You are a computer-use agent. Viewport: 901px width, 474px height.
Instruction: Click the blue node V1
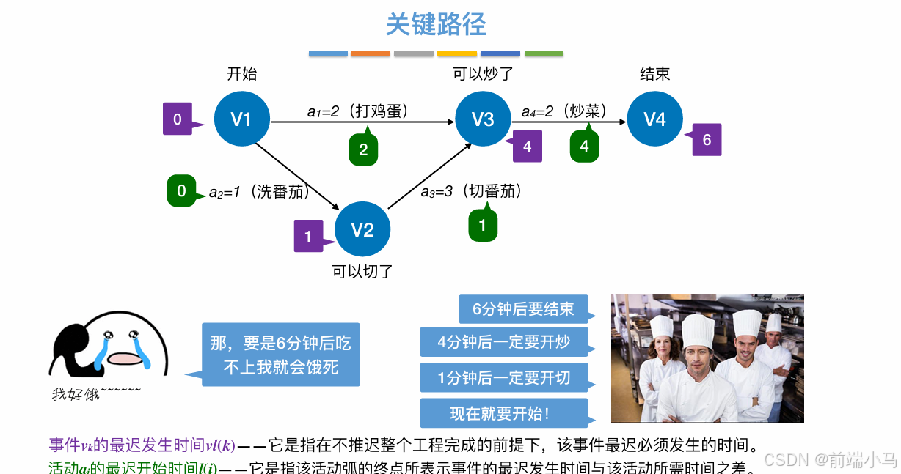(241, 120)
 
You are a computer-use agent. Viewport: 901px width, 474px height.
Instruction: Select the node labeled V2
(362, 230)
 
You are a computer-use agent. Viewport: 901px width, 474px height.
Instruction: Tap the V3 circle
(483, 120)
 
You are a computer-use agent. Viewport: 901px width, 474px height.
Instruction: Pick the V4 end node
(654, 119)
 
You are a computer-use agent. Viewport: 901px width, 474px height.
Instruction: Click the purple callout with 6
(707, 140)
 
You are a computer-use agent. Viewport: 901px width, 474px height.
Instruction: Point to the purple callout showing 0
(178, 119)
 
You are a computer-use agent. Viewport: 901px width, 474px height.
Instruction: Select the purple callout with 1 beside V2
(308, 236)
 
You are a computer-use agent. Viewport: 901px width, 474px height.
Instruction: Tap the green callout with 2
(363, 150)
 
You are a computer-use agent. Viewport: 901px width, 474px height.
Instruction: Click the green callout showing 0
(181, 191)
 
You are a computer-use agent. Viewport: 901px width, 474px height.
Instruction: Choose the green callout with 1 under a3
(482, 225)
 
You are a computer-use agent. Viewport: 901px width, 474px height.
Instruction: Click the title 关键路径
(436, 25)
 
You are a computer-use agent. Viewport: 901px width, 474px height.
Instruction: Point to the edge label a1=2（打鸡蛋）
(357, 111)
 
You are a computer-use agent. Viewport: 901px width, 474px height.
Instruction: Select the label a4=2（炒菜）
(564, 111)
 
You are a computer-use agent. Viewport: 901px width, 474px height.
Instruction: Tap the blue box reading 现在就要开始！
(504, 413)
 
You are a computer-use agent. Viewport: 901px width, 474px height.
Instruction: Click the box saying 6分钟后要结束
(523, 309)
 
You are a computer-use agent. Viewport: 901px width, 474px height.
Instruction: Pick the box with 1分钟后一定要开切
(504, 378)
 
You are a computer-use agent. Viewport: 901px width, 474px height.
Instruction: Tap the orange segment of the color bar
(371, 53)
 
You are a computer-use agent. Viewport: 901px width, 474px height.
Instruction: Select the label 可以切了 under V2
(362, 272)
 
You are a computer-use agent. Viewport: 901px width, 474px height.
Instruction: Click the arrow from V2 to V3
(429, 177)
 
